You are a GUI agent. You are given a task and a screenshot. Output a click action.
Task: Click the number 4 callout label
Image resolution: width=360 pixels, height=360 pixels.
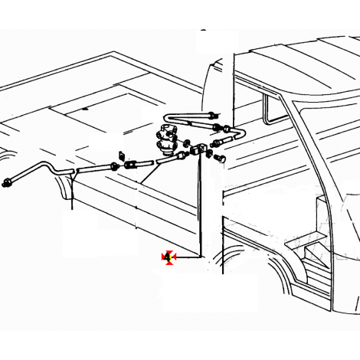(x=168, y=257)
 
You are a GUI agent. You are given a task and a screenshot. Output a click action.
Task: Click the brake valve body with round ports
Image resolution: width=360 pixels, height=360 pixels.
(x=165, y=140)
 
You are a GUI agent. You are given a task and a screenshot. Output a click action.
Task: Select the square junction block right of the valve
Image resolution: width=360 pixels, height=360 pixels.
(x=198, y=149)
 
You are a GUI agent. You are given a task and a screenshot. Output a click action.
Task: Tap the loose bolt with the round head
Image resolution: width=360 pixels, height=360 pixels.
(x=220, y=158)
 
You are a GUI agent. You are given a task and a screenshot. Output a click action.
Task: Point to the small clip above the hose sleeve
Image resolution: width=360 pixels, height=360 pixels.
(x=122, y=155)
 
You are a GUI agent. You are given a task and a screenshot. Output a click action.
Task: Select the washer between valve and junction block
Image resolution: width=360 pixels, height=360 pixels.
(x=185, y=142)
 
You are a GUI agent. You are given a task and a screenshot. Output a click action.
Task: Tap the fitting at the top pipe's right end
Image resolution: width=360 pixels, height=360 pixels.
(x=213, y=115)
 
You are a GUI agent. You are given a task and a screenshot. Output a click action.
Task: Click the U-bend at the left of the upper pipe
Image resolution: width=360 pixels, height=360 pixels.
(x=168, y=118)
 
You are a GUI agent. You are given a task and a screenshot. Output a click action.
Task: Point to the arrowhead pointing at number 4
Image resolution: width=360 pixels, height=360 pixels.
(x=175, y=257)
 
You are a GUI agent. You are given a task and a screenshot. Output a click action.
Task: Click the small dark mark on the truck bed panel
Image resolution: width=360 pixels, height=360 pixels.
(x=85, y=109)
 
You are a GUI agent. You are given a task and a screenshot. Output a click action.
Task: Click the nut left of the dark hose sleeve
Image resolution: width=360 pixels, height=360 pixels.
(x=114, y=166)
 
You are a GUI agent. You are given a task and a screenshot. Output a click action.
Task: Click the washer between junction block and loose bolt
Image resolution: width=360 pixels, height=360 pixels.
(x=209, y=153)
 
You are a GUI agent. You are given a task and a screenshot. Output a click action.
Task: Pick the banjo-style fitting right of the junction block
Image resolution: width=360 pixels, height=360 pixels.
(x=217, y=142)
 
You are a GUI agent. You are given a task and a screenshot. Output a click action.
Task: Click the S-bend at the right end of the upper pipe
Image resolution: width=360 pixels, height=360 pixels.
(x=238, y=134)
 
